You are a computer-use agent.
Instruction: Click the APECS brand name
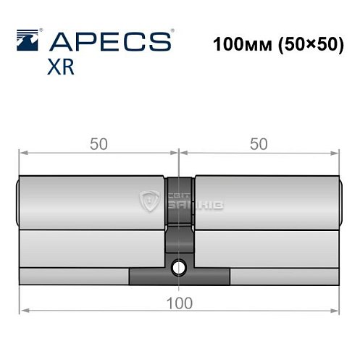(x=112, y=40)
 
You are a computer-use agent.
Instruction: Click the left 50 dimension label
(x=98, y=144)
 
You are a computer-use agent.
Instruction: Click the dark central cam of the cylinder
(x=179, y=239)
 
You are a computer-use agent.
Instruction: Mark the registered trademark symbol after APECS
(x=171, y=32)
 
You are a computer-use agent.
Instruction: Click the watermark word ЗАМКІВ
(x=196, y=207)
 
